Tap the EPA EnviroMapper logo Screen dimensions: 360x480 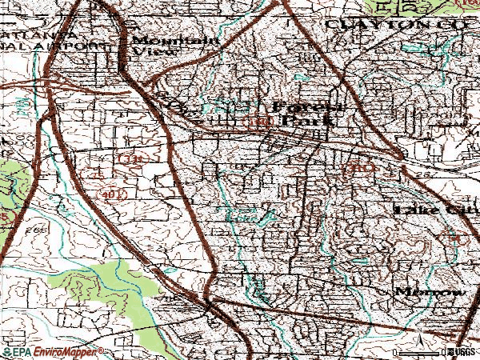pos(52,352)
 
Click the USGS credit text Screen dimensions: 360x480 pos(462,352)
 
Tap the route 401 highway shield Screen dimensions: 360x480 pos(111,194)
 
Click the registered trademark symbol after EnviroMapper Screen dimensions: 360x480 pos(102,350)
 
